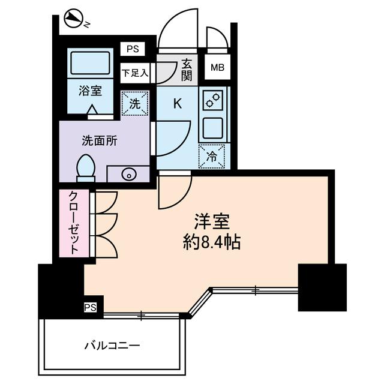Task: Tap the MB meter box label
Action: point(217,68)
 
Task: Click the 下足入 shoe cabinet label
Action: point(134,73)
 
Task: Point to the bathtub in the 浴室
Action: point(90,62)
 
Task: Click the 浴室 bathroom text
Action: point(90,92)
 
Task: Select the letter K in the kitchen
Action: point(177,103)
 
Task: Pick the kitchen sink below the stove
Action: point(213,128)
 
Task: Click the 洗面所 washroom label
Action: point(100,142)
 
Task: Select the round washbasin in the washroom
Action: point(128,175)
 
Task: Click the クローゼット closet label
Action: point(73,223)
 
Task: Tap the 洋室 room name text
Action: point(212,222)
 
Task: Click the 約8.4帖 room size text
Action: point(212,242)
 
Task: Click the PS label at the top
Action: point(132,49)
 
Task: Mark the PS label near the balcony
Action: point(90,308)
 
